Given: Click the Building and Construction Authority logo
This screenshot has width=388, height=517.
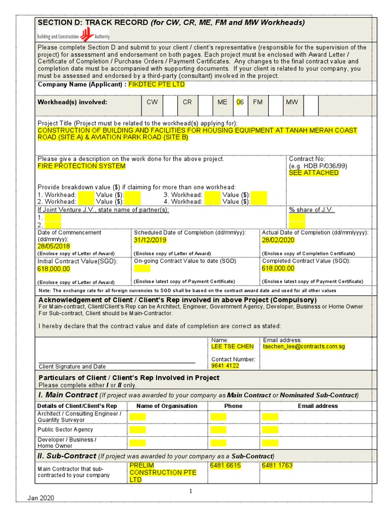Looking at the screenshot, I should tap(73, 35).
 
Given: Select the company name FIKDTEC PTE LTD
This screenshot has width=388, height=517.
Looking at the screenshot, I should tap(157, 84).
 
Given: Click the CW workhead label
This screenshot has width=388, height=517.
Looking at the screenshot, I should tap(152, 102).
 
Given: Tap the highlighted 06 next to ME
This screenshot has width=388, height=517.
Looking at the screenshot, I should tap(240, 102).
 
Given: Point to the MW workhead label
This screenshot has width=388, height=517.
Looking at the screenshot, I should tap(292, 102).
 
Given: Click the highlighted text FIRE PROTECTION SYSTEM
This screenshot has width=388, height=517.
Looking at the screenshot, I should tap(82, 166).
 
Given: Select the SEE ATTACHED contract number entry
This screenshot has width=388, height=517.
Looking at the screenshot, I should tap(314, 173).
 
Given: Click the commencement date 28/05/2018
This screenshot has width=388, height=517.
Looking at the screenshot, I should tap(54, 246).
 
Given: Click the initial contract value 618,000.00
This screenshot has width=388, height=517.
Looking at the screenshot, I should tap(54, 269).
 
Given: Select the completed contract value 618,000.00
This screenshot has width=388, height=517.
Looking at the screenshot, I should tap(278, 269).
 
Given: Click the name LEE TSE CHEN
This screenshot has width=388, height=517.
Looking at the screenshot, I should tap(232, 347).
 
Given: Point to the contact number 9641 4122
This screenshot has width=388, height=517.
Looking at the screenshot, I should tap(225, 366).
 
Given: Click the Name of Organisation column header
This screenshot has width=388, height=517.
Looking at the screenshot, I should tap(167, 406).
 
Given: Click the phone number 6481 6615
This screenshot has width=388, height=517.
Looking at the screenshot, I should tap(225, 466).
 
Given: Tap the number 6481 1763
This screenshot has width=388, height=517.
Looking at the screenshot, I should tap(277, 466).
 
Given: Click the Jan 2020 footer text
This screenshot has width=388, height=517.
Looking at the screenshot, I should tap(41, 498).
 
